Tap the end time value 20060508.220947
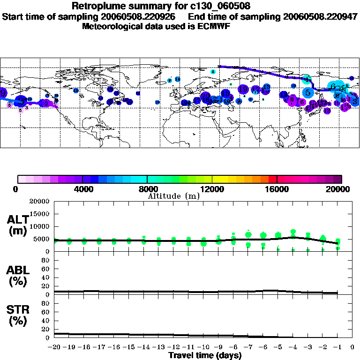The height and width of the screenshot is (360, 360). click(x=319, y=16)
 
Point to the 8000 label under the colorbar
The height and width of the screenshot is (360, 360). click(x=147, y=189)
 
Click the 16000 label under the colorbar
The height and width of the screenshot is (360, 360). click(x=277, y=189)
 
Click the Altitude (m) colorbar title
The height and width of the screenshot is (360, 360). click(x=173, y=196)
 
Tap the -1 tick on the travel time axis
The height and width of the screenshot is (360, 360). click(x=337, y=348)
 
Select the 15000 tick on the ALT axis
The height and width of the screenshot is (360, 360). click(x=41, y=214)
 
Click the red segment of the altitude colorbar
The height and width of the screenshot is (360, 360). click(x=272, y=179)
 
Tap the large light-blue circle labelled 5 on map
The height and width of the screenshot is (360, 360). click(x=307, y=92)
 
